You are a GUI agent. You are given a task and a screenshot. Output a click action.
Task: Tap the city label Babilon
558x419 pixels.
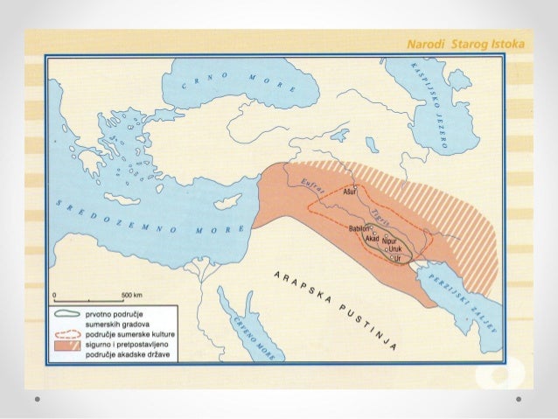point(359,227)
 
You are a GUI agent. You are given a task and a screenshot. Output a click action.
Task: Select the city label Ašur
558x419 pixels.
point(350,191)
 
